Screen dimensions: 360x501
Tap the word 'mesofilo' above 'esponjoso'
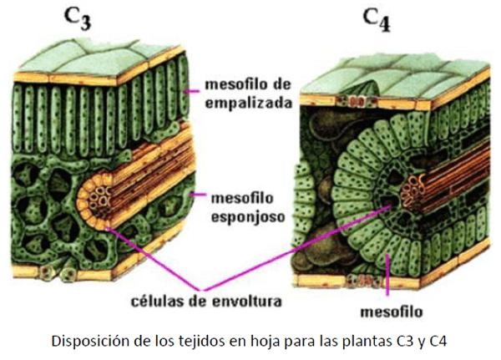[238, 198]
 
